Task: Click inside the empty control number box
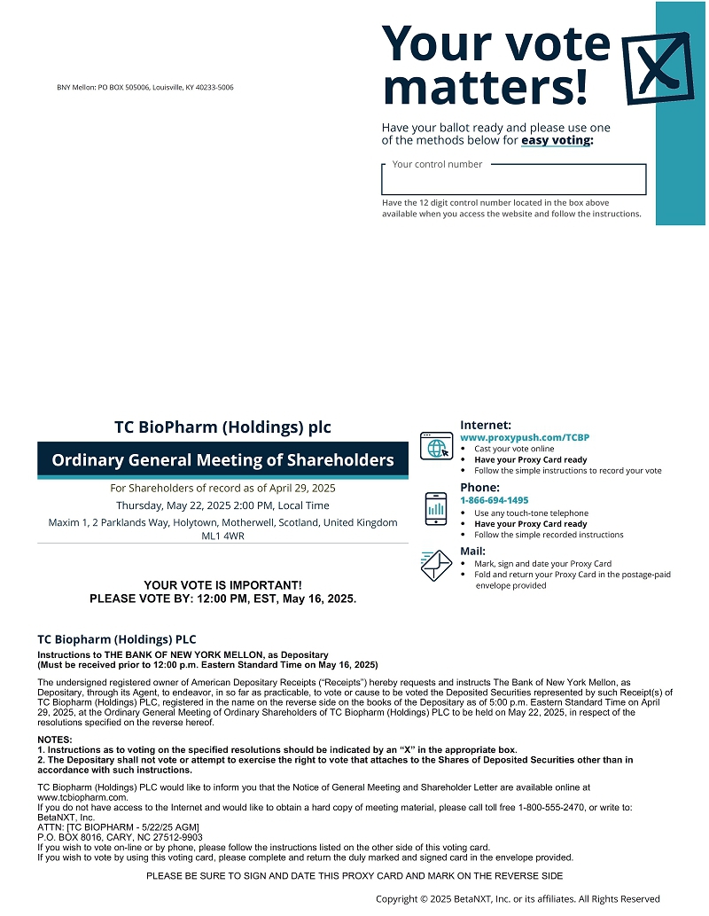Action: point(513,182)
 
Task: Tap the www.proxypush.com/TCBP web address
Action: point(525,438)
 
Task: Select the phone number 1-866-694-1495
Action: point(494,500)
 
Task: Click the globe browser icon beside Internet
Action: point(436,446)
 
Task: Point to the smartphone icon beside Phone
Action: point(436,509)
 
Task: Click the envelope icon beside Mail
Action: point(436,565)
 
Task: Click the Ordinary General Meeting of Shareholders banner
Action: point(222,460)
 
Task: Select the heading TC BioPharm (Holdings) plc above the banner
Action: point(222,427)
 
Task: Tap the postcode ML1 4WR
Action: point(222,536)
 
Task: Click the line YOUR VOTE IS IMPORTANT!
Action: point(222,585)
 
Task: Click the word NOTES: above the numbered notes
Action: point(55,740)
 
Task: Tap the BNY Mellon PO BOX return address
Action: point(145,88)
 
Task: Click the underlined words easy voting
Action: point(556,140)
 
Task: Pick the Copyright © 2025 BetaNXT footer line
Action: point(518,898)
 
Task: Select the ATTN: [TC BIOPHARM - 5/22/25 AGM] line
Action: point(119,826)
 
